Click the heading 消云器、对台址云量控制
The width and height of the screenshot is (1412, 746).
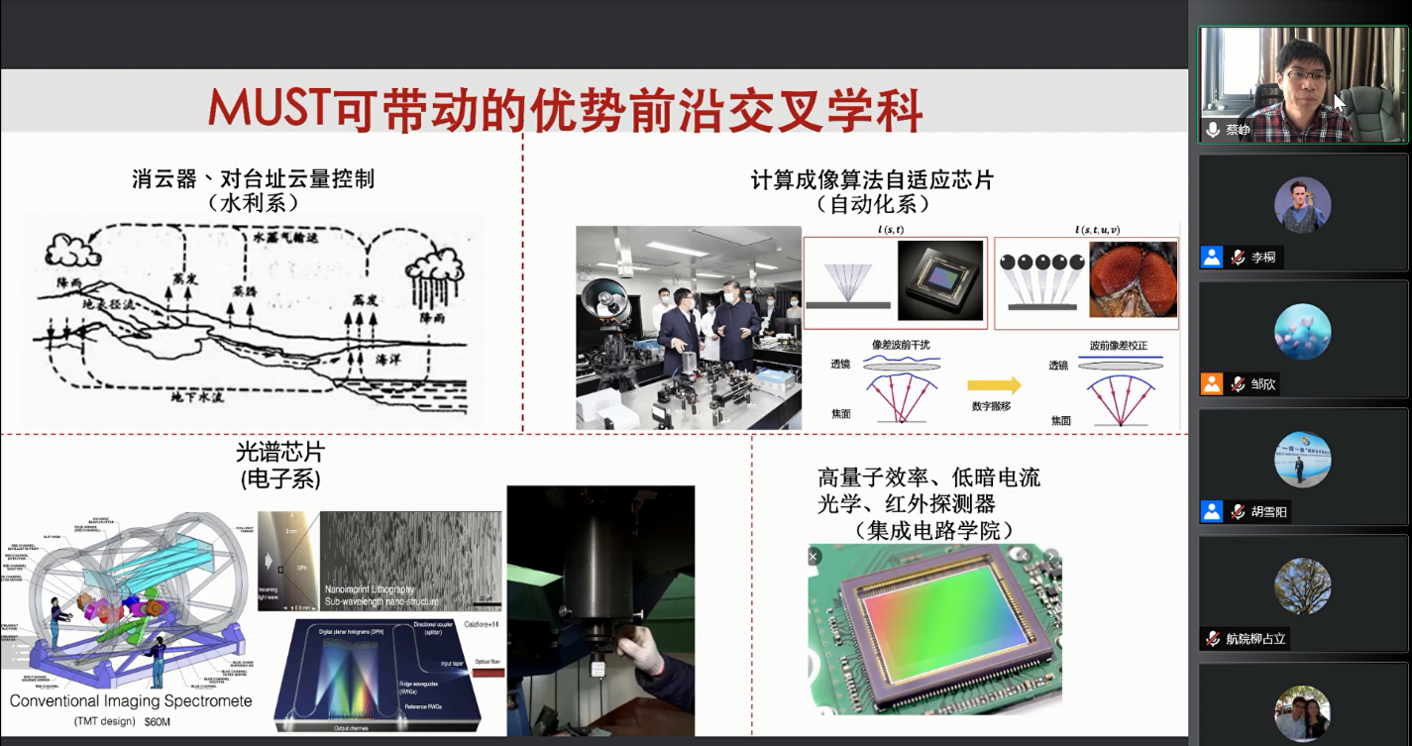pos(254,179)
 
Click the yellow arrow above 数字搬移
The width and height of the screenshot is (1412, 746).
pos(995,385)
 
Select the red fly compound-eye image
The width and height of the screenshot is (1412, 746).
pos(1133,282)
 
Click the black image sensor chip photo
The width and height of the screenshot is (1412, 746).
pos(941,282)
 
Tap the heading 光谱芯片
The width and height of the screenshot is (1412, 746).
pos(280,453)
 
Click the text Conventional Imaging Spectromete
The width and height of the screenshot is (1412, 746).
pos(131,700)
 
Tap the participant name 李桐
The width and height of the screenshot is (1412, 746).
pos(1262,258)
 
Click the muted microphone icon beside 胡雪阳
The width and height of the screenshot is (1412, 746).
pos(1238,512)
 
